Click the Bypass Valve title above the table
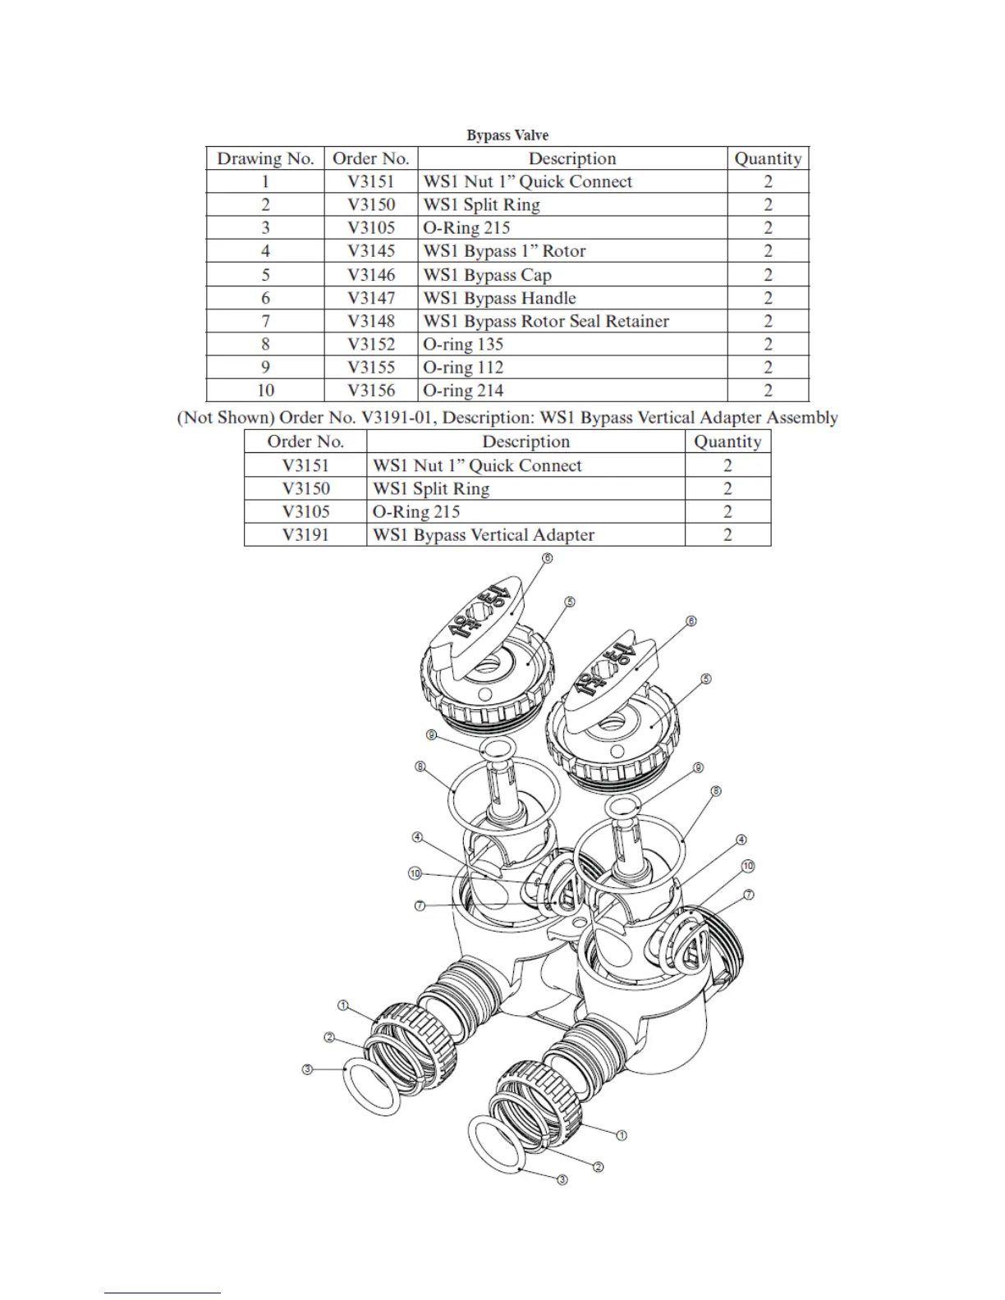tap(507, 135)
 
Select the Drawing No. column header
tap(265, 158)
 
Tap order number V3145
tap(371, 251)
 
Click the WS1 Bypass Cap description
tap(487, 275)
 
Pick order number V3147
tap(371, 298)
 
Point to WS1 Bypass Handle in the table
tap(499, 298)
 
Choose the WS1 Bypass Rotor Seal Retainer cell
tap(546, 321)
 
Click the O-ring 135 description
tap(463, 345)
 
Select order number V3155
tap(371, 368)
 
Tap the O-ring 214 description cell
tap(463, 391)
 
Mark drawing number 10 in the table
tap(265, 391)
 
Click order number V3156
tap(371, 391)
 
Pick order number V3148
tap(371, 321)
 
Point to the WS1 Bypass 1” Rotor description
tap(504, 251)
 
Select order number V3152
tap(371, 345)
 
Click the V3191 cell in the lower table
tap(305, 535)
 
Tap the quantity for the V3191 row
tap(727, 535)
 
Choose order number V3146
tap(371, 275)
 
